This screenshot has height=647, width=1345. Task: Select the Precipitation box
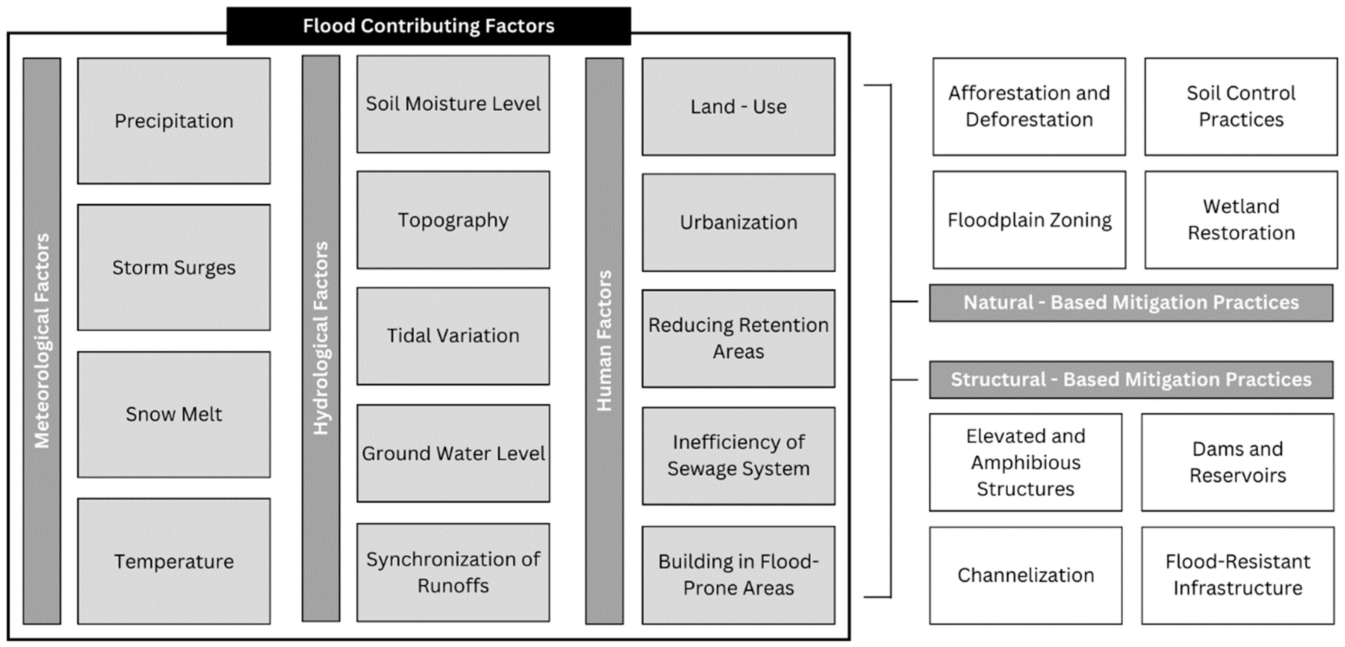tap(174, 121)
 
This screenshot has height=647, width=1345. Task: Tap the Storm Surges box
tap(174, 267)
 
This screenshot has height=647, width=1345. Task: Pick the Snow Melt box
tap(174, 414)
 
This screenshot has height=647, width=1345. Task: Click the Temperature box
tap(174, 561)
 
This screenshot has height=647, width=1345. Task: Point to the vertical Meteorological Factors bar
tap(42, 340)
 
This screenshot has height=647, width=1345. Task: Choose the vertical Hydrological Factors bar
tap(321, 338)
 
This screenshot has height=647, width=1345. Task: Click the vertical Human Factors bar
tap(604, 340)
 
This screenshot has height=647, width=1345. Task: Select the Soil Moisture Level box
tap(453, 104)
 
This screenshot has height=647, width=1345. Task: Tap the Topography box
tap(453, 220)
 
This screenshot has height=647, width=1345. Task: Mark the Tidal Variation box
tap(453, 336)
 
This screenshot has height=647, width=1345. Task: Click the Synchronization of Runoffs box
tap(453, 572)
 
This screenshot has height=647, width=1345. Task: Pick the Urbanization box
tap(738, 223)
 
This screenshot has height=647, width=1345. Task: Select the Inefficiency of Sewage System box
tap(738, 455)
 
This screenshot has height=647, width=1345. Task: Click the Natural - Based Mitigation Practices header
tap(1131, 302)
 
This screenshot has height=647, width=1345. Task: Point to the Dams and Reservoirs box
tap(1237, 462)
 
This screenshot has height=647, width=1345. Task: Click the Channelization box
tap(1025, 575)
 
